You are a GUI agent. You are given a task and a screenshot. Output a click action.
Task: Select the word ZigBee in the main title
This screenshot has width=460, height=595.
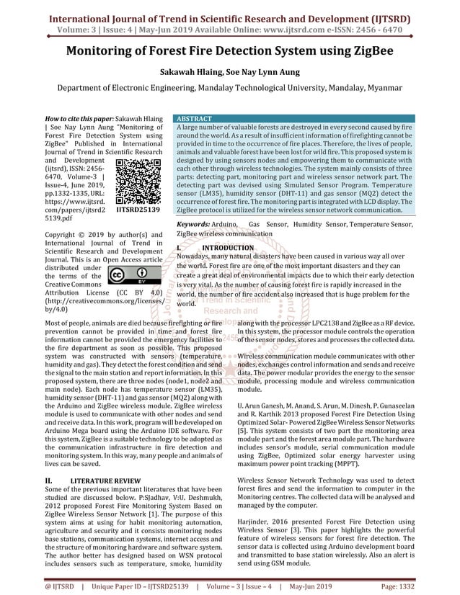pos(366,52)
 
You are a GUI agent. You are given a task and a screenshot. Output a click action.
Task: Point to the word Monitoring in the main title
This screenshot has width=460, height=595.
pos(112,52)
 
